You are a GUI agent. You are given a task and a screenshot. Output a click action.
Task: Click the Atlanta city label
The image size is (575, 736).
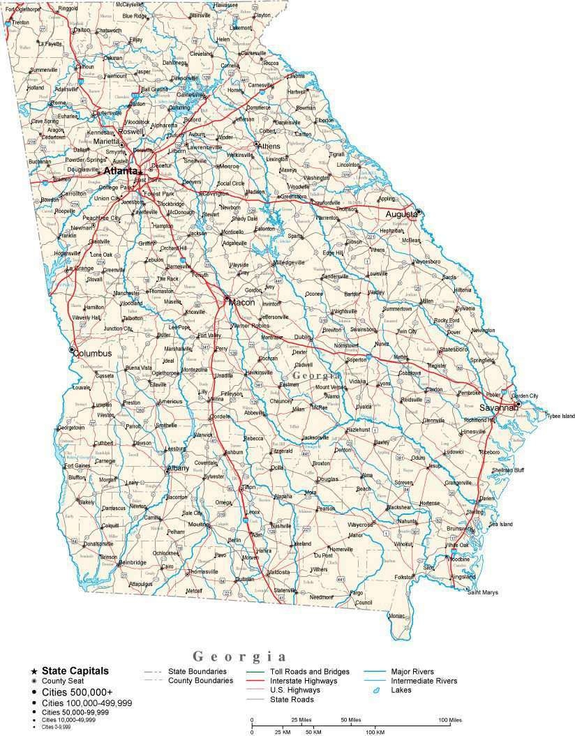[x=120, y=170]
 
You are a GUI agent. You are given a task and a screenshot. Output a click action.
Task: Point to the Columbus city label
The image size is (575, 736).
[x=94, y=353]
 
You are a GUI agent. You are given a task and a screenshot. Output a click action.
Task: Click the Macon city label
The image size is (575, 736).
[x=241, y=302]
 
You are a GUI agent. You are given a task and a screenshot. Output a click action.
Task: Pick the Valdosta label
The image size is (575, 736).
[x=278, y=572]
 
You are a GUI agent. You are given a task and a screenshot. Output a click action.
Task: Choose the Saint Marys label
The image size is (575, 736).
[x=483, y=592]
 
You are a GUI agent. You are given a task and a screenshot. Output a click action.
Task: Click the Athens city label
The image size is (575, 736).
[x=269, y=147]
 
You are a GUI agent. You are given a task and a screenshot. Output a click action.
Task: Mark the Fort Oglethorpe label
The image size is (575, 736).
[x=21, y=9]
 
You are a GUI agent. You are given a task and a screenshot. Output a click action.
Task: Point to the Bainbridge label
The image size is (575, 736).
[x=132, y=562]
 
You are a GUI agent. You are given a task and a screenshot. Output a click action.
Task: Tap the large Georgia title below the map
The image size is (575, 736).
[x=239, y=656]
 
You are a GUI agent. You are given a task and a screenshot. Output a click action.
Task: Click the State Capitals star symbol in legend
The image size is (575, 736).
[x=34, y=670]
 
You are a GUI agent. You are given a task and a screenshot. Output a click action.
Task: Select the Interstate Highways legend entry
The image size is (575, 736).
[x=304, y=680]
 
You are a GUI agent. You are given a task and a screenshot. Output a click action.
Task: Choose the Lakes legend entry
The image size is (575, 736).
[x=401, y=690]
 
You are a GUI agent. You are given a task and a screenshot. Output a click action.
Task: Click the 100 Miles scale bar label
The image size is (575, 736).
[x=449, y=719]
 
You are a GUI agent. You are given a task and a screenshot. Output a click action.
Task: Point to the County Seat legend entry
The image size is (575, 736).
[x=61, y=680]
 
